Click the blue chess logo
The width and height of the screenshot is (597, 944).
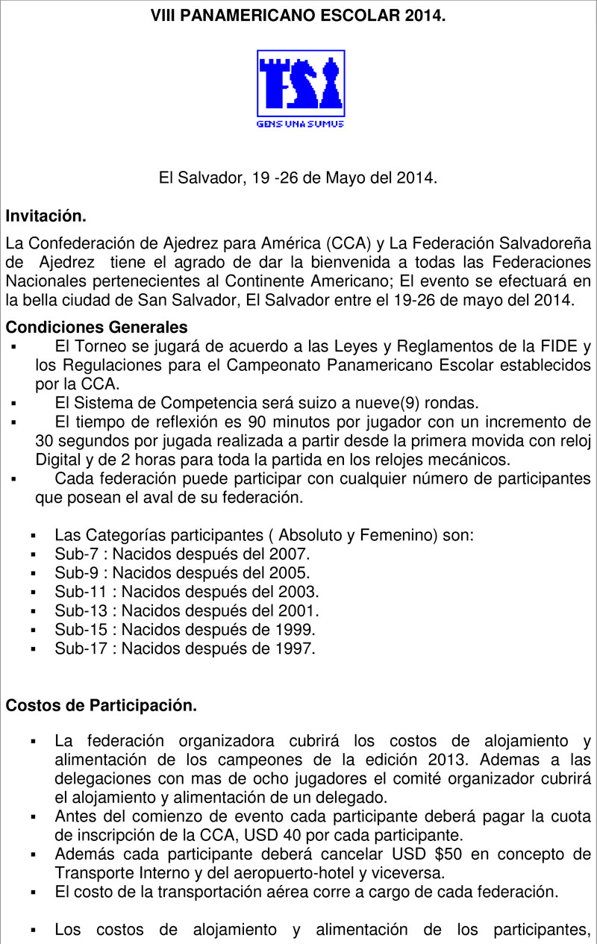[301, 82]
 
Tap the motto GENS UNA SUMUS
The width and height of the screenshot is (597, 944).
[300, 124]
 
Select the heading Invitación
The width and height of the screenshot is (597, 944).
[46, 216]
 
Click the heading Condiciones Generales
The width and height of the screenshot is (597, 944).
[96, 328]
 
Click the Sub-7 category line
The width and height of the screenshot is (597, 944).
[181, 554]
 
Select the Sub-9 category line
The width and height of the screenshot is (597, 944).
[181, 573]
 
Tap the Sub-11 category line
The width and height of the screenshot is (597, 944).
[187, 592]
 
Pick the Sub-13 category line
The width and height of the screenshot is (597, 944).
[187, 610]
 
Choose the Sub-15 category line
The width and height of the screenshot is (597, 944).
[184, 629]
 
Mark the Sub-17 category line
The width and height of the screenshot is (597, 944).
[184, 648]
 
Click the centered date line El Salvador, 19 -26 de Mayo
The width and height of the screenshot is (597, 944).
[298, 178]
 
